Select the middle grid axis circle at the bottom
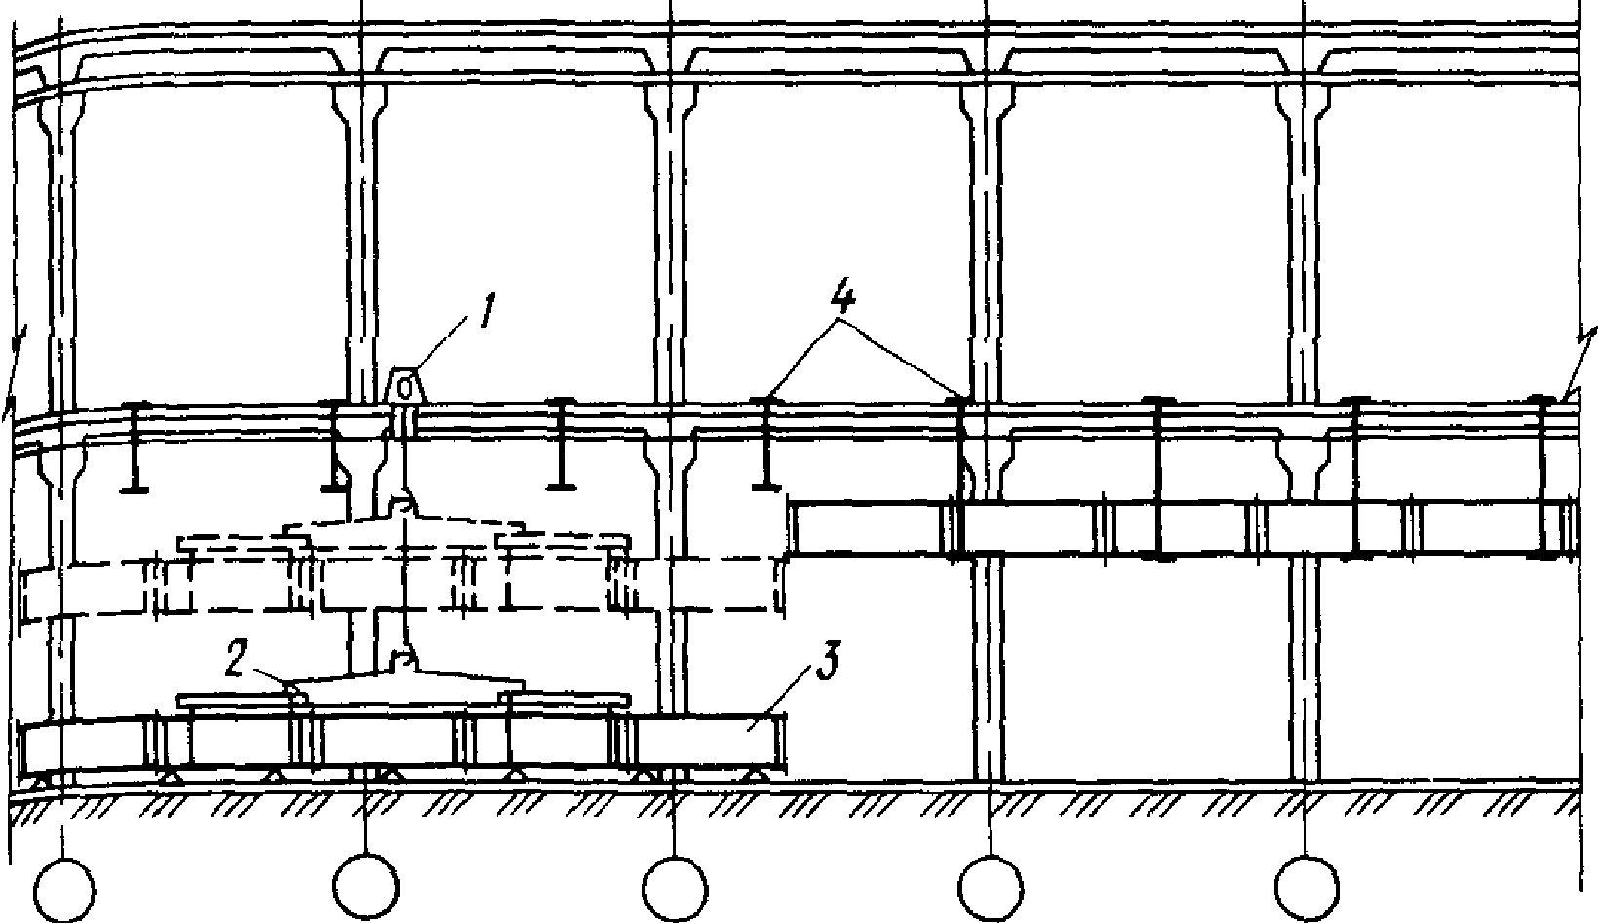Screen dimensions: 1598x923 (675, 886)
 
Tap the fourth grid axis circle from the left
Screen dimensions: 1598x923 (991, 886)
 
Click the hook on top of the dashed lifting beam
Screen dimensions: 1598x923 (403, 505)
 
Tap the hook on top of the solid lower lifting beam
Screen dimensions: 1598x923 (403, 660)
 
